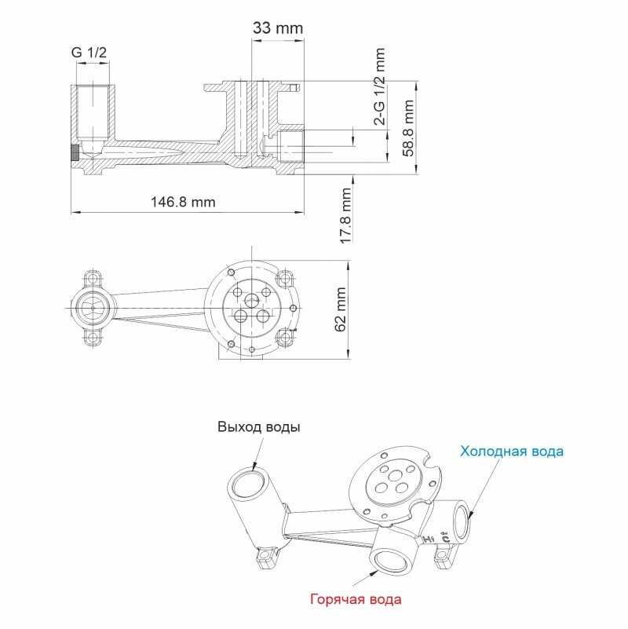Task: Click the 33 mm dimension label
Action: click(278, 28)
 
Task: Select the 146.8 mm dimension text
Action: click(183, 201)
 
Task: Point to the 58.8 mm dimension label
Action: click(408, 128)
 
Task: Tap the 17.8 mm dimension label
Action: click(345, 216)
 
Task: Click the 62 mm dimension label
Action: click(340, 309)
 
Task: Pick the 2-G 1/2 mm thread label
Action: click(379, 86)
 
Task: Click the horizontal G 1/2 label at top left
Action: click(89, 53)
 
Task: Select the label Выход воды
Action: click(259, 426)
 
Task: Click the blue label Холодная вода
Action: click(512, 452)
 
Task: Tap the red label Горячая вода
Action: click(356, 599)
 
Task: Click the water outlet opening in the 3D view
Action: click(248, 483)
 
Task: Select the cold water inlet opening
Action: click(462, 523)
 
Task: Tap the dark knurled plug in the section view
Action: click(75, 152)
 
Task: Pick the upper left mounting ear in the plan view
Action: click(93, 279)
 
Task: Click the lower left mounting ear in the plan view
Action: click(93, 337)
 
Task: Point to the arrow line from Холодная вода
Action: click(484, 488)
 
